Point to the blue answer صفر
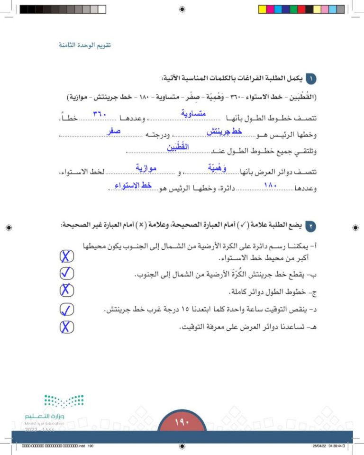click(113, 130)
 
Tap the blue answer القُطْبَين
click(178, 148)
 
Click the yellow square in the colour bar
click(263, 9)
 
